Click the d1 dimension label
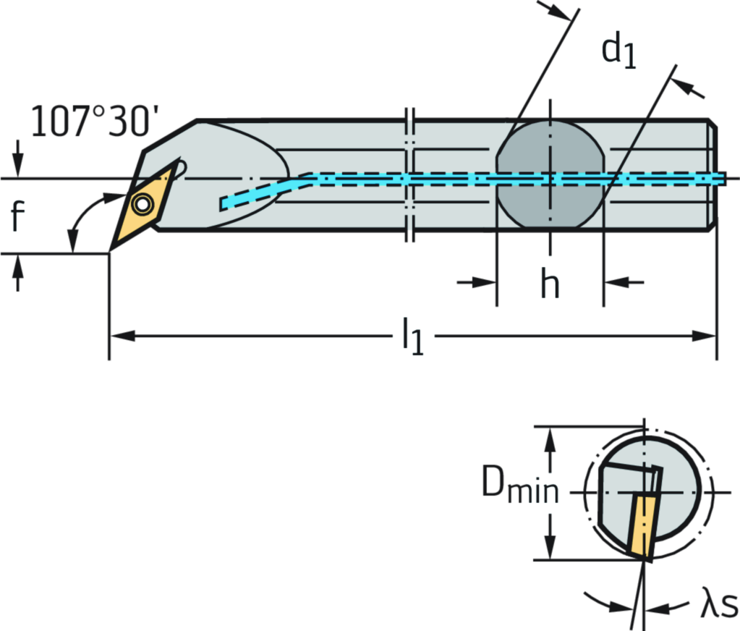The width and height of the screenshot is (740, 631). (620, 49)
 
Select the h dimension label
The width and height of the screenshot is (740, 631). (550, 283)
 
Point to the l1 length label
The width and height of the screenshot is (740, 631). (413, 336)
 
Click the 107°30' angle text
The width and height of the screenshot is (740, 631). (90, 122)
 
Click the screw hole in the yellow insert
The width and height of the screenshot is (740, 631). (143, 206)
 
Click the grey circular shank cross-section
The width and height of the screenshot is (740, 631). (550, 174)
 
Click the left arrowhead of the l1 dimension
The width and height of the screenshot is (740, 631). (120, 336)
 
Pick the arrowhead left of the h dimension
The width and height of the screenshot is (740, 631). (486, 282)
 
